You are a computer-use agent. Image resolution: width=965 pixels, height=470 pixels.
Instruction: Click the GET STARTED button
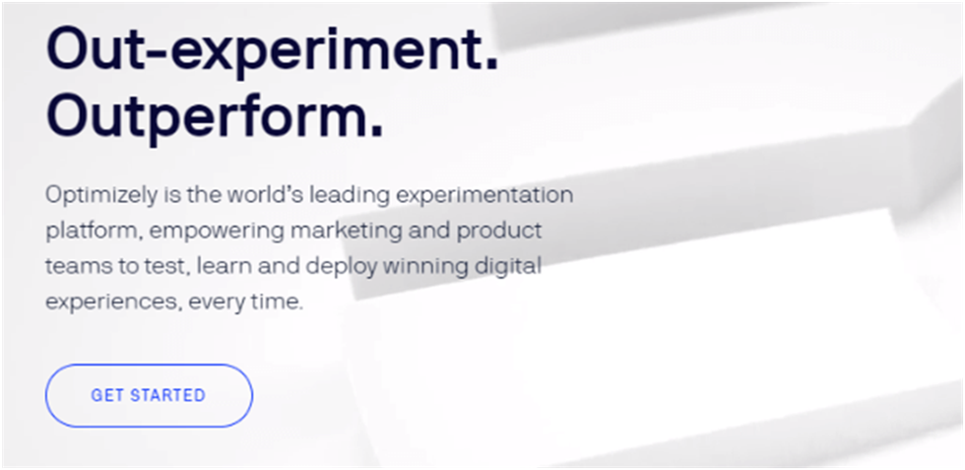click(149, 395)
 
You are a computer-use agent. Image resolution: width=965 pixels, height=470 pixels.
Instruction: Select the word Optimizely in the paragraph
click(100, 195)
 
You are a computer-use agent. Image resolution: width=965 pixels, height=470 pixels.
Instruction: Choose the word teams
click(75, 267)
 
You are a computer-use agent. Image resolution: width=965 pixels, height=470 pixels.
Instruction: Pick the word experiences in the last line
click(113, 303)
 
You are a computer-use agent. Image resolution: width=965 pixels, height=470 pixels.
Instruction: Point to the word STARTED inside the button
click(167, 395)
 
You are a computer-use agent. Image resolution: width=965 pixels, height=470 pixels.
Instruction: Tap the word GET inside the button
click(107, 395)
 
